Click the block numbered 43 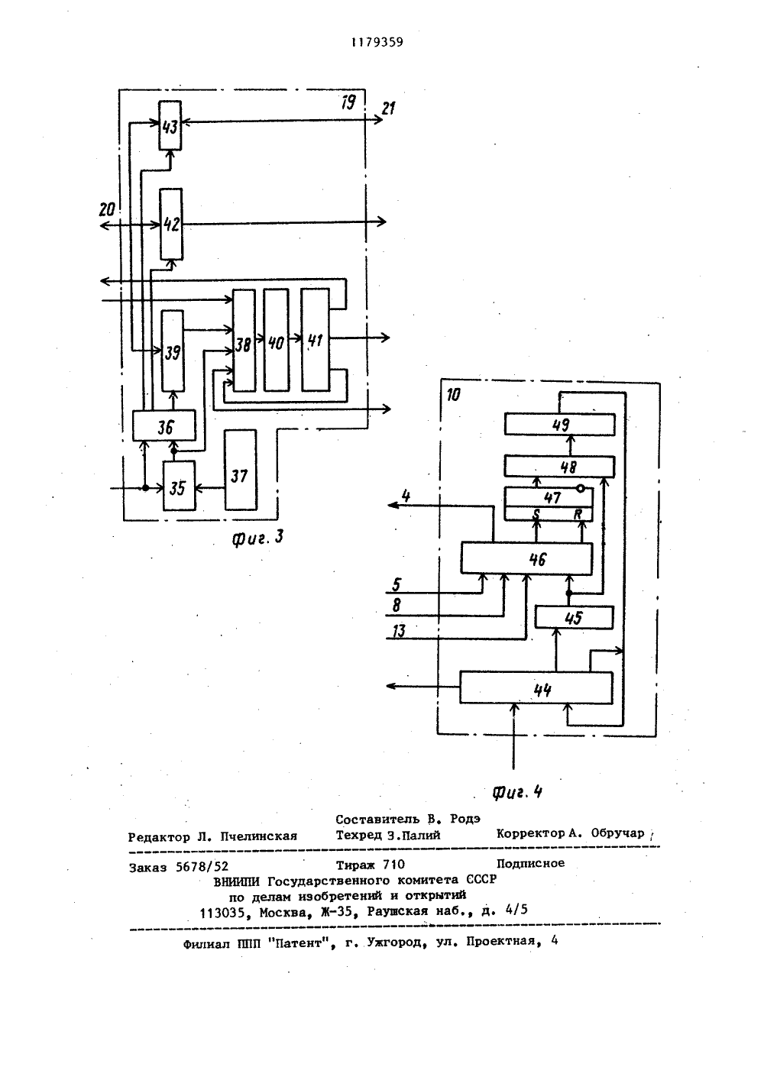(x=170, y=125)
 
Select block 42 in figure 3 (x=171, y=225)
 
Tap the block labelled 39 (x=172, y=351)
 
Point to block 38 (x=244, y=340)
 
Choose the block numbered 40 (x=277, y=340)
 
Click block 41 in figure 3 (x=316, y=340)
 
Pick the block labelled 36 (x=164, y=425)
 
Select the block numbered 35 (x=179, y=486)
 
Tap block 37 (x=240, y=470)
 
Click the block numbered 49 (x=559, y=425)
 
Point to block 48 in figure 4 (x=559, y=466)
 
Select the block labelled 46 (x=526, y=558)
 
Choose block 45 (x=575, y=618)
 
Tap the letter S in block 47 (x=536, y=515)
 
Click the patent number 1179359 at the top (x=377, y=43)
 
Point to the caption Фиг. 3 (x=257, y=538)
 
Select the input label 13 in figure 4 (x=399, y=631)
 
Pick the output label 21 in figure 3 (x=389, y=108)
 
